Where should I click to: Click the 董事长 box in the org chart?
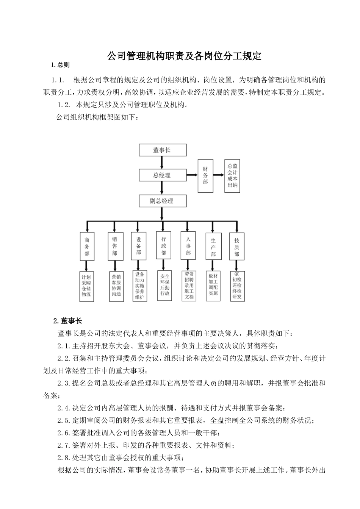coord(162,150)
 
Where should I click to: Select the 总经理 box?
coord(162,175)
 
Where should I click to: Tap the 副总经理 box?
coord(162,201)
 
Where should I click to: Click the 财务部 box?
coord(205,175)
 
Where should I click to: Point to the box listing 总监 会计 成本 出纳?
coord(232,175)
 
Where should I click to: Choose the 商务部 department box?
coord(87,246)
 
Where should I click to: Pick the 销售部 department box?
coord(115,246)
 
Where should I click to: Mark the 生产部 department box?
coord(213,247)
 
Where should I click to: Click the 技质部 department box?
coord(237,247)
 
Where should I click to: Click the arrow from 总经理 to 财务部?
coord(192,175)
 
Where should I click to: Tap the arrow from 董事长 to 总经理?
coord(162,162)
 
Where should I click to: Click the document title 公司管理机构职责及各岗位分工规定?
coord(184,56)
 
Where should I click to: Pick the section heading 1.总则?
coord(61,65)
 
